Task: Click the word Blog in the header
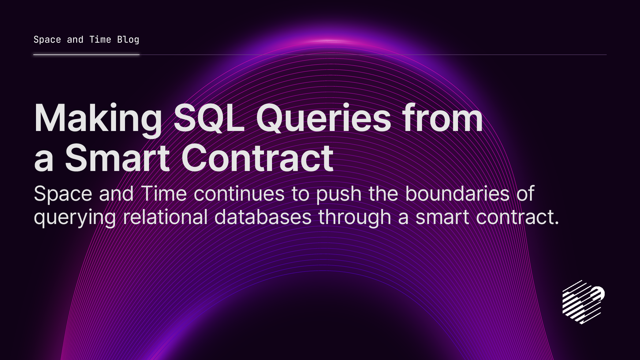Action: tap(128, 40)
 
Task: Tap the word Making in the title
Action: tap(98, 119)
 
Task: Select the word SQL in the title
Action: tap(209, 119)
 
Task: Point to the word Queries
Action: tap(323, 119)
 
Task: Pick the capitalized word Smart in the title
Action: tap(117, 158)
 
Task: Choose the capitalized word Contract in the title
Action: tap(257, 158)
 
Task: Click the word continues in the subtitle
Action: tap(239, 194)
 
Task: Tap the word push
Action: tap(339, 194)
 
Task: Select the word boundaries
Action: tap(457, 194)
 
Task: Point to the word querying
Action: tap(75, 218)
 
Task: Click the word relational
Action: tap(165, 217)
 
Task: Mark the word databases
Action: tap(263, 217)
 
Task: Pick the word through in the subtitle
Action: tap(355, 218)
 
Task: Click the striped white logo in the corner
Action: tap(583, 302)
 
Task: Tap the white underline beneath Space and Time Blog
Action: tap(86, 55)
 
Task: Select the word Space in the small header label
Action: tap(47, 40)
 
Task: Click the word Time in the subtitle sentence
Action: tap(164, 194)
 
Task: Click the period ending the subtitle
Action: tap(557, 223)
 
